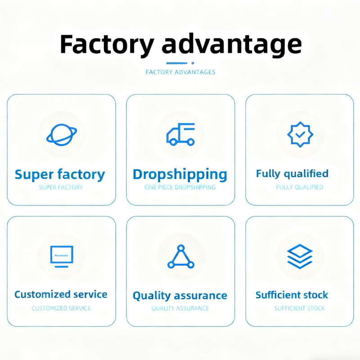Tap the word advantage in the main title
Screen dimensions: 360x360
231,45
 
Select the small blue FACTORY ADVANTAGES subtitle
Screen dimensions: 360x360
180,72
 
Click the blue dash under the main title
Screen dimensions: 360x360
176,63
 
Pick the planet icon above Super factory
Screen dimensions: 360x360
61,134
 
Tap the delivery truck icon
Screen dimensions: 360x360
180,134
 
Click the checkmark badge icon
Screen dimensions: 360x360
300,134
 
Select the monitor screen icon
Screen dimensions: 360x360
61,256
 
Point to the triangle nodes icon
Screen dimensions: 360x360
180,257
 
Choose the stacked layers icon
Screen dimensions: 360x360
300,256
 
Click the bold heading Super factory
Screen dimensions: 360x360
60,174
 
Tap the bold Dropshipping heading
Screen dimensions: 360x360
180,175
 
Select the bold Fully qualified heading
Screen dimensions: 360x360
292,173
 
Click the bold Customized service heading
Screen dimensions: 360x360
61,294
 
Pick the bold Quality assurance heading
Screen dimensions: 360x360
180,296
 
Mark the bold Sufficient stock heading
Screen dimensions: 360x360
292,295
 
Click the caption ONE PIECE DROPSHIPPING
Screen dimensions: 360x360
180,187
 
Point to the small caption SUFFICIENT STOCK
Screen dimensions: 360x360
299,308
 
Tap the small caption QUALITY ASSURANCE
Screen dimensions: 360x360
180,308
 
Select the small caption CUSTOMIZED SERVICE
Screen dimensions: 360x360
61,308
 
